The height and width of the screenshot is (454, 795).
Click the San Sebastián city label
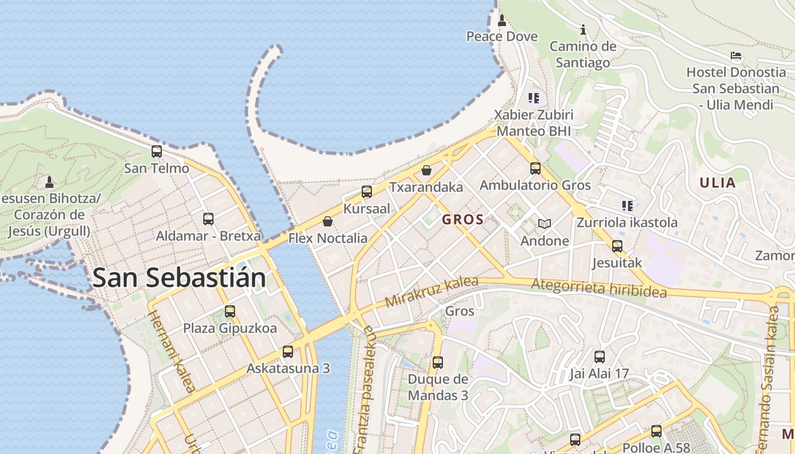(x=179, y=278)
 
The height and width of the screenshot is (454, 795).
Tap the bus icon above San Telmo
(x=157, y=152)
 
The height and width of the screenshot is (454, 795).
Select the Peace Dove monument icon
(x=501, y=21)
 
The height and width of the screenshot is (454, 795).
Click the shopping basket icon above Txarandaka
(x=426, y=170)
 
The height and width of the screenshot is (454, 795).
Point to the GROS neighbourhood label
(x=463, y=220)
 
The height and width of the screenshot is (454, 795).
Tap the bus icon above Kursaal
(x=367, y=192)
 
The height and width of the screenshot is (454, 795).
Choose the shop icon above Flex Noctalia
(x=328, y=221)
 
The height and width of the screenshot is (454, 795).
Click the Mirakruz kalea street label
(x=432, y=292)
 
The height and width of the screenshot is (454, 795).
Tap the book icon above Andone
(x=545, y=224)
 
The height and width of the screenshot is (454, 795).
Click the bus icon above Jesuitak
(x=617, y=246)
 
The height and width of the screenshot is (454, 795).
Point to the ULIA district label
(x=718, y=183)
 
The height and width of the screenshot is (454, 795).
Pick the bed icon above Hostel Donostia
(x=736, y=56)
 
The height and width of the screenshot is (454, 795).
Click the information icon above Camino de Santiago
(x=583, y=30)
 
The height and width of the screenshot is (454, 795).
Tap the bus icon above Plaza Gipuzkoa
(x=230, y=311)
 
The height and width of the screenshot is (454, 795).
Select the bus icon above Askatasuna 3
(x=288, y=351)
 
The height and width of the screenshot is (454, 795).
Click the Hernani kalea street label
(x=172, y=351)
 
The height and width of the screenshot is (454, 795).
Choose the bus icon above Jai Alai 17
(x=599, y=357)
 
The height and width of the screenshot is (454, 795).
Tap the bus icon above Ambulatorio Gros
(x=535, y=168)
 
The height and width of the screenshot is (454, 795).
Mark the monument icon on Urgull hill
(x=49, y=182)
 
